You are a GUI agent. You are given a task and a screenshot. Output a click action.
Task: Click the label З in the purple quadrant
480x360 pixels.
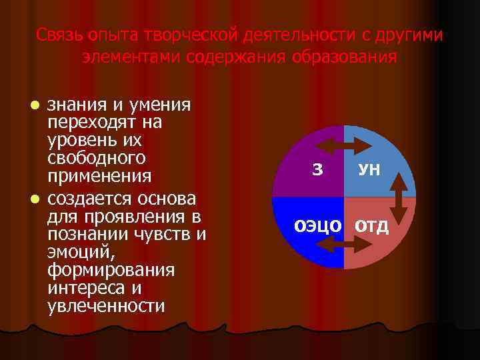point(317,170)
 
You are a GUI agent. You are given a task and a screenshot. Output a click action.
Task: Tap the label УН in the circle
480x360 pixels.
point(369,170)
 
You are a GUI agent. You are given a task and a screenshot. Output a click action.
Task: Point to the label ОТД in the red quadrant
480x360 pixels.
point(371,225)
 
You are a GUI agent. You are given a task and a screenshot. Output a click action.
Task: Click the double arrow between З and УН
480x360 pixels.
point(343,145)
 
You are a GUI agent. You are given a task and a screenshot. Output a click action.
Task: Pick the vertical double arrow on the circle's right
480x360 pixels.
point(399,197)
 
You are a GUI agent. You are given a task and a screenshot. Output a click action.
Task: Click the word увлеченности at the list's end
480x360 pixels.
point(106,306)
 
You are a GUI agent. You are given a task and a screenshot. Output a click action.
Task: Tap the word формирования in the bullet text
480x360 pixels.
point(111,270)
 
